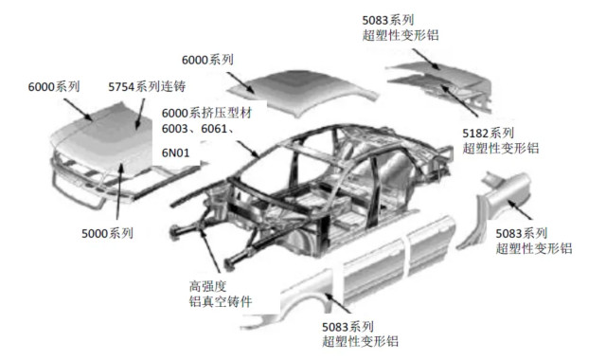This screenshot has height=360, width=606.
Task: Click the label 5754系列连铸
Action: point(147,86)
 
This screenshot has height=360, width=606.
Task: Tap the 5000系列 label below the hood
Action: point(107,234)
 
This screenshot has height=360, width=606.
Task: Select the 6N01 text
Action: point(175,153)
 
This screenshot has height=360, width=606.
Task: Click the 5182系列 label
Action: point(489,134)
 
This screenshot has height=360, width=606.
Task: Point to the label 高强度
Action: point(207,286)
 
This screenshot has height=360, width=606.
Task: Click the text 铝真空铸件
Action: point(221,301)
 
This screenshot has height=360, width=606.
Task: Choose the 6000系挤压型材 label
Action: point(206,113)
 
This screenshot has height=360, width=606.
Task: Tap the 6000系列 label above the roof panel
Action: point(207,60)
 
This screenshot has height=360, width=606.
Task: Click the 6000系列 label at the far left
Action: point(54,86)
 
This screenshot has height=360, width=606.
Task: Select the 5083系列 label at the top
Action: point(388,20)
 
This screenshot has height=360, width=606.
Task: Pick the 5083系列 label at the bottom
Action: point(348,327)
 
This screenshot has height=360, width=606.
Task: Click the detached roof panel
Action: point(302,92)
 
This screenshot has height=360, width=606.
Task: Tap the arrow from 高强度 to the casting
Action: point(209,248)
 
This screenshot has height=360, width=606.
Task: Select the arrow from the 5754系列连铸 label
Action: point(140,114)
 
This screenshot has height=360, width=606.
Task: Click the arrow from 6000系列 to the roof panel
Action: point(241,82)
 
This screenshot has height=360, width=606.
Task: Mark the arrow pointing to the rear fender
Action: point(520,210)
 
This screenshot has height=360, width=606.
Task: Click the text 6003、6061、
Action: point(198,129)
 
